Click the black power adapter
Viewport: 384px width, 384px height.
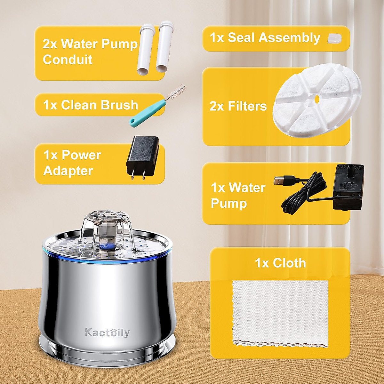click(142, 154)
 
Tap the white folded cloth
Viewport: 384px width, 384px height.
click(280, 314)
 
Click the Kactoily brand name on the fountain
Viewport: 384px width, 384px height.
click(107, 332)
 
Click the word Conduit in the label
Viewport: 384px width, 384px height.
click(68, 60)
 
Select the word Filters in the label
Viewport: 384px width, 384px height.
click(247, 106)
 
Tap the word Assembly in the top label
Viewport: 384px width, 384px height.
click(290, 38)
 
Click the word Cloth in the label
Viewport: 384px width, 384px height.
click(290, 263)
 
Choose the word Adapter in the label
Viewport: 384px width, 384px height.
click(68, 171)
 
